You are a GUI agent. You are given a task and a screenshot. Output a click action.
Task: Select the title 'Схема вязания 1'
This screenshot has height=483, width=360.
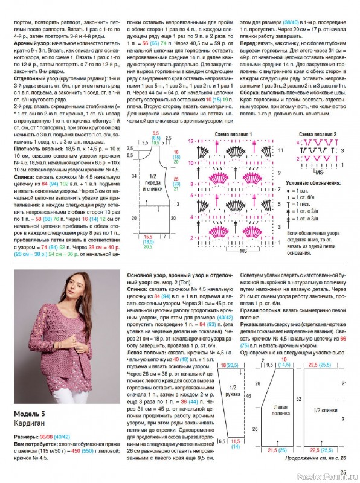233,133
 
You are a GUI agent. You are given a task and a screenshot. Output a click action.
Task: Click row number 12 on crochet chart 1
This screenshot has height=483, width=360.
191,141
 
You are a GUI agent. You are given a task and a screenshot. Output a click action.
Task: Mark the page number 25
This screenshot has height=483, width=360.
342,472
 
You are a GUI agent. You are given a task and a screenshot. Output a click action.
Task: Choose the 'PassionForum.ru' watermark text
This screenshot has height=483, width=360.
327,478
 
